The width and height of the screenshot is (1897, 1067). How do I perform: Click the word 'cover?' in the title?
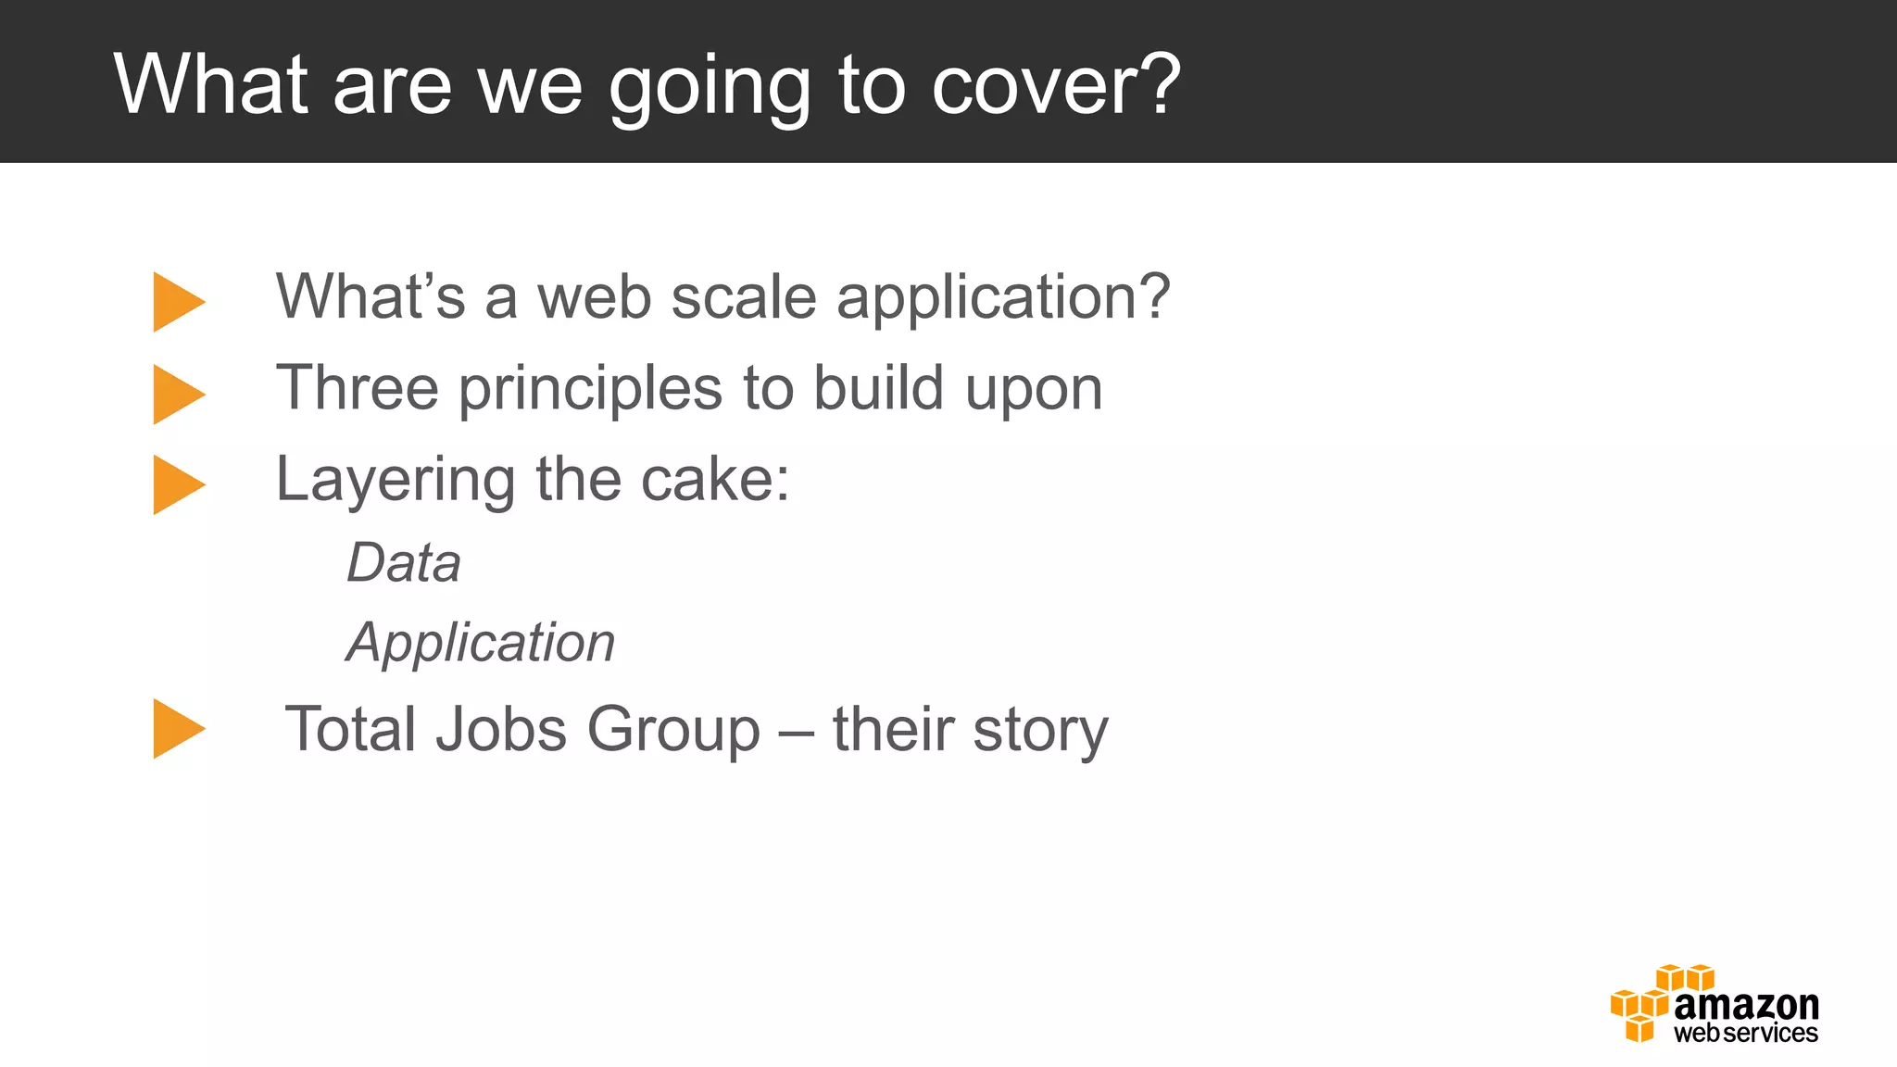pyautogui.click(x=1055, y=85)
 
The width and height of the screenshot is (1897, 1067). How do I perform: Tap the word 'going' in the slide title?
pyautogui.click(x=709, y=88)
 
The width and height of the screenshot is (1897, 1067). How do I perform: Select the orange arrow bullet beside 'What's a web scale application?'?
pyautogui.click(x=178, y=302)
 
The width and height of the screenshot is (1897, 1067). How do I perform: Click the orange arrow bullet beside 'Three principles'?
pyautogui.click(x=178, y=395)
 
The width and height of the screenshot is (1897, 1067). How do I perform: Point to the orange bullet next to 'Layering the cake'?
pyautogui.click(x=178, y=484)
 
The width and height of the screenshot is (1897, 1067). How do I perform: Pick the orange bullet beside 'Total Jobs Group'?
pyautogui.click(x=178, y=729)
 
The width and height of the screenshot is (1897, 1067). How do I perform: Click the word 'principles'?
pyautogui.click(x=590, y=389)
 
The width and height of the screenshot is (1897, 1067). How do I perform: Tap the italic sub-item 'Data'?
pyautogui.click(x=404, y=562)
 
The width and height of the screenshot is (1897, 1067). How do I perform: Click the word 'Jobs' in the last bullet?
pyautogui.click(x=500, y=729)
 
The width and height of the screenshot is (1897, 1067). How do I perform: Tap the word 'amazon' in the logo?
pyautogui.click(x=1746, y=1005)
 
